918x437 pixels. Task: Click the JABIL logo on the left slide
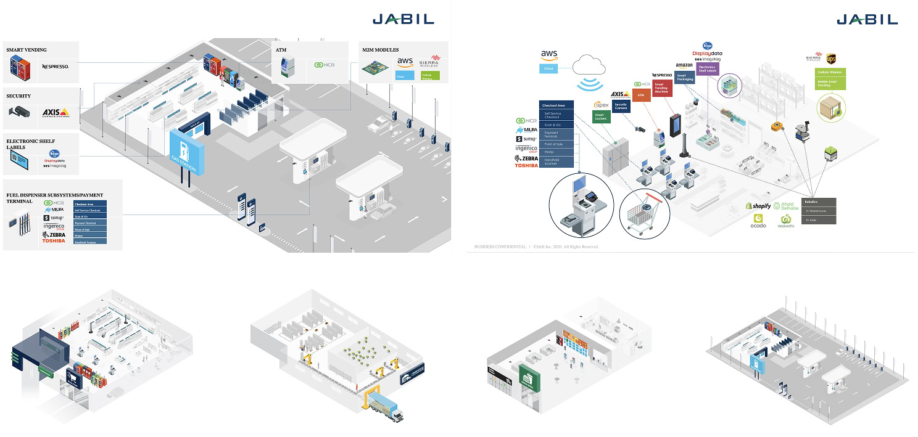click(x=403, y=19)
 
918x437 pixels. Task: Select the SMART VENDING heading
click(x=27, y=49)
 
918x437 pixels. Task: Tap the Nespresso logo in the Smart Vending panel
click(x=55, y=66)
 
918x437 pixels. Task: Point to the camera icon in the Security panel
click(x=19, y=112)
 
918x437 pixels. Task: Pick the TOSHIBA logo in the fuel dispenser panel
click(x=53, y=240)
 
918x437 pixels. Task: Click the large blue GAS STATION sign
click(x=184, y=149)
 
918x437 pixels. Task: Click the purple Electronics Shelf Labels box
click(x=706, y=69)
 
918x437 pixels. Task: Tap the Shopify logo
click(x=758, y=206)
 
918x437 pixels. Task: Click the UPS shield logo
click(x=830, y=59)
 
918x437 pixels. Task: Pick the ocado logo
click(x=758, y=221)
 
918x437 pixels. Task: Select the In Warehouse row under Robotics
click(x=819, y=211)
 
